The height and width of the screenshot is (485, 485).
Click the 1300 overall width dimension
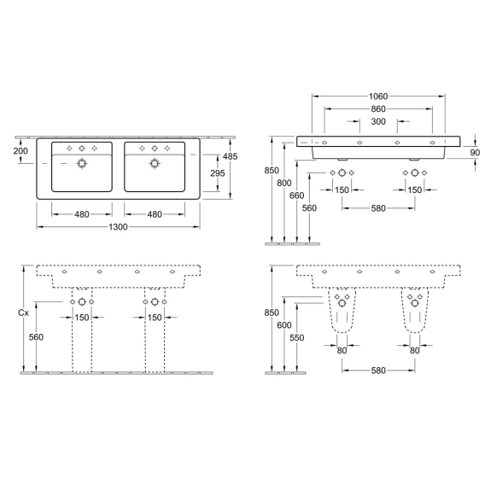pos(118,227)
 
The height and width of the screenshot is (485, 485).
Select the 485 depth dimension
pos(231,156)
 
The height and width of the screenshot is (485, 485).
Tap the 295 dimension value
pos(218,173)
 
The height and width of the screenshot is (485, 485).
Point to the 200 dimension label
pos(20,151)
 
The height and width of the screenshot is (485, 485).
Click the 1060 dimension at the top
pos(378,96)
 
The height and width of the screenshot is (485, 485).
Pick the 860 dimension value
pos(378,109)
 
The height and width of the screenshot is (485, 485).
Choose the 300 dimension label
pos(378,121)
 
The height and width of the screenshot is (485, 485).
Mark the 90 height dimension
pos(475,153)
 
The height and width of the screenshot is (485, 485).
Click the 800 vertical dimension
pos(284,183)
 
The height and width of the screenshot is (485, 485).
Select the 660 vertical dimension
pos(296,196)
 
